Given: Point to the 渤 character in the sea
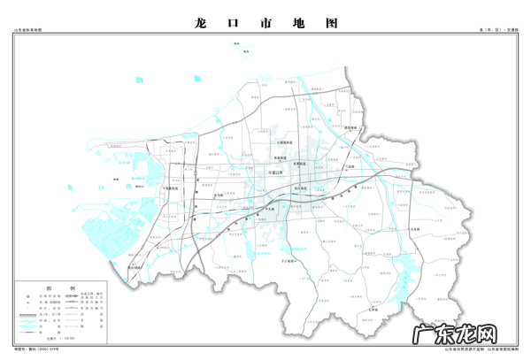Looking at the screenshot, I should (138, 80).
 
